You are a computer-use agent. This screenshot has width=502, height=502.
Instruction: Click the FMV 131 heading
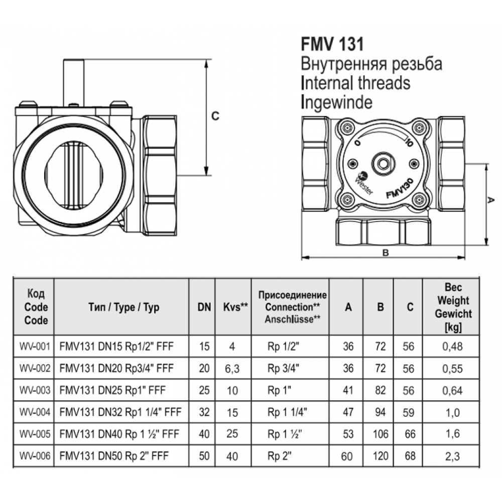coord(332,44)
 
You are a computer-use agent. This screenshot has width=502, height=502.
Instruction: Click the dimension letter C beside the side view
coord(215,116)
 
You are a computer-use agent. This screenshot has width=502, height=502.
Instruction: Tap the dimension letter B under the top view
coord(386,253)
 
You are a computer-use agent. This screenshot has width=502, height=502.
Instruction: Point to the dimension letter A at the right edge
coord(490,200)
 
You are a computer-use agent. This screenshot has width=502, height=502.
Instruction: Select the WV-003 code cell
coord(35,390)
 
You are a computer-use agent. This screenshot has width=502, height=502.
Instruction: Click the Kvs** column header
coord(235,307)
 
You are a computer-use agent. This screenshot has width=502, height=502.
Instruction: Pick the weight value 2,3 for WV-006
coord(452,456)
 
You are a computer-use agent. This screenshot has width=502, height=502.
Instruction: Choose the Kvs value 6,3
coord(232,369)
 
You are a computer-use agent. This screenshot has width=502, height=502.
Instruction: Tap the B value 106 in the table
coord(381,434)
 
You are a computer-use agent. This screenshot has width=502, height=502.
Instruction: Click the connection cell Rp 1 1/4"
coord(287,412)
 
